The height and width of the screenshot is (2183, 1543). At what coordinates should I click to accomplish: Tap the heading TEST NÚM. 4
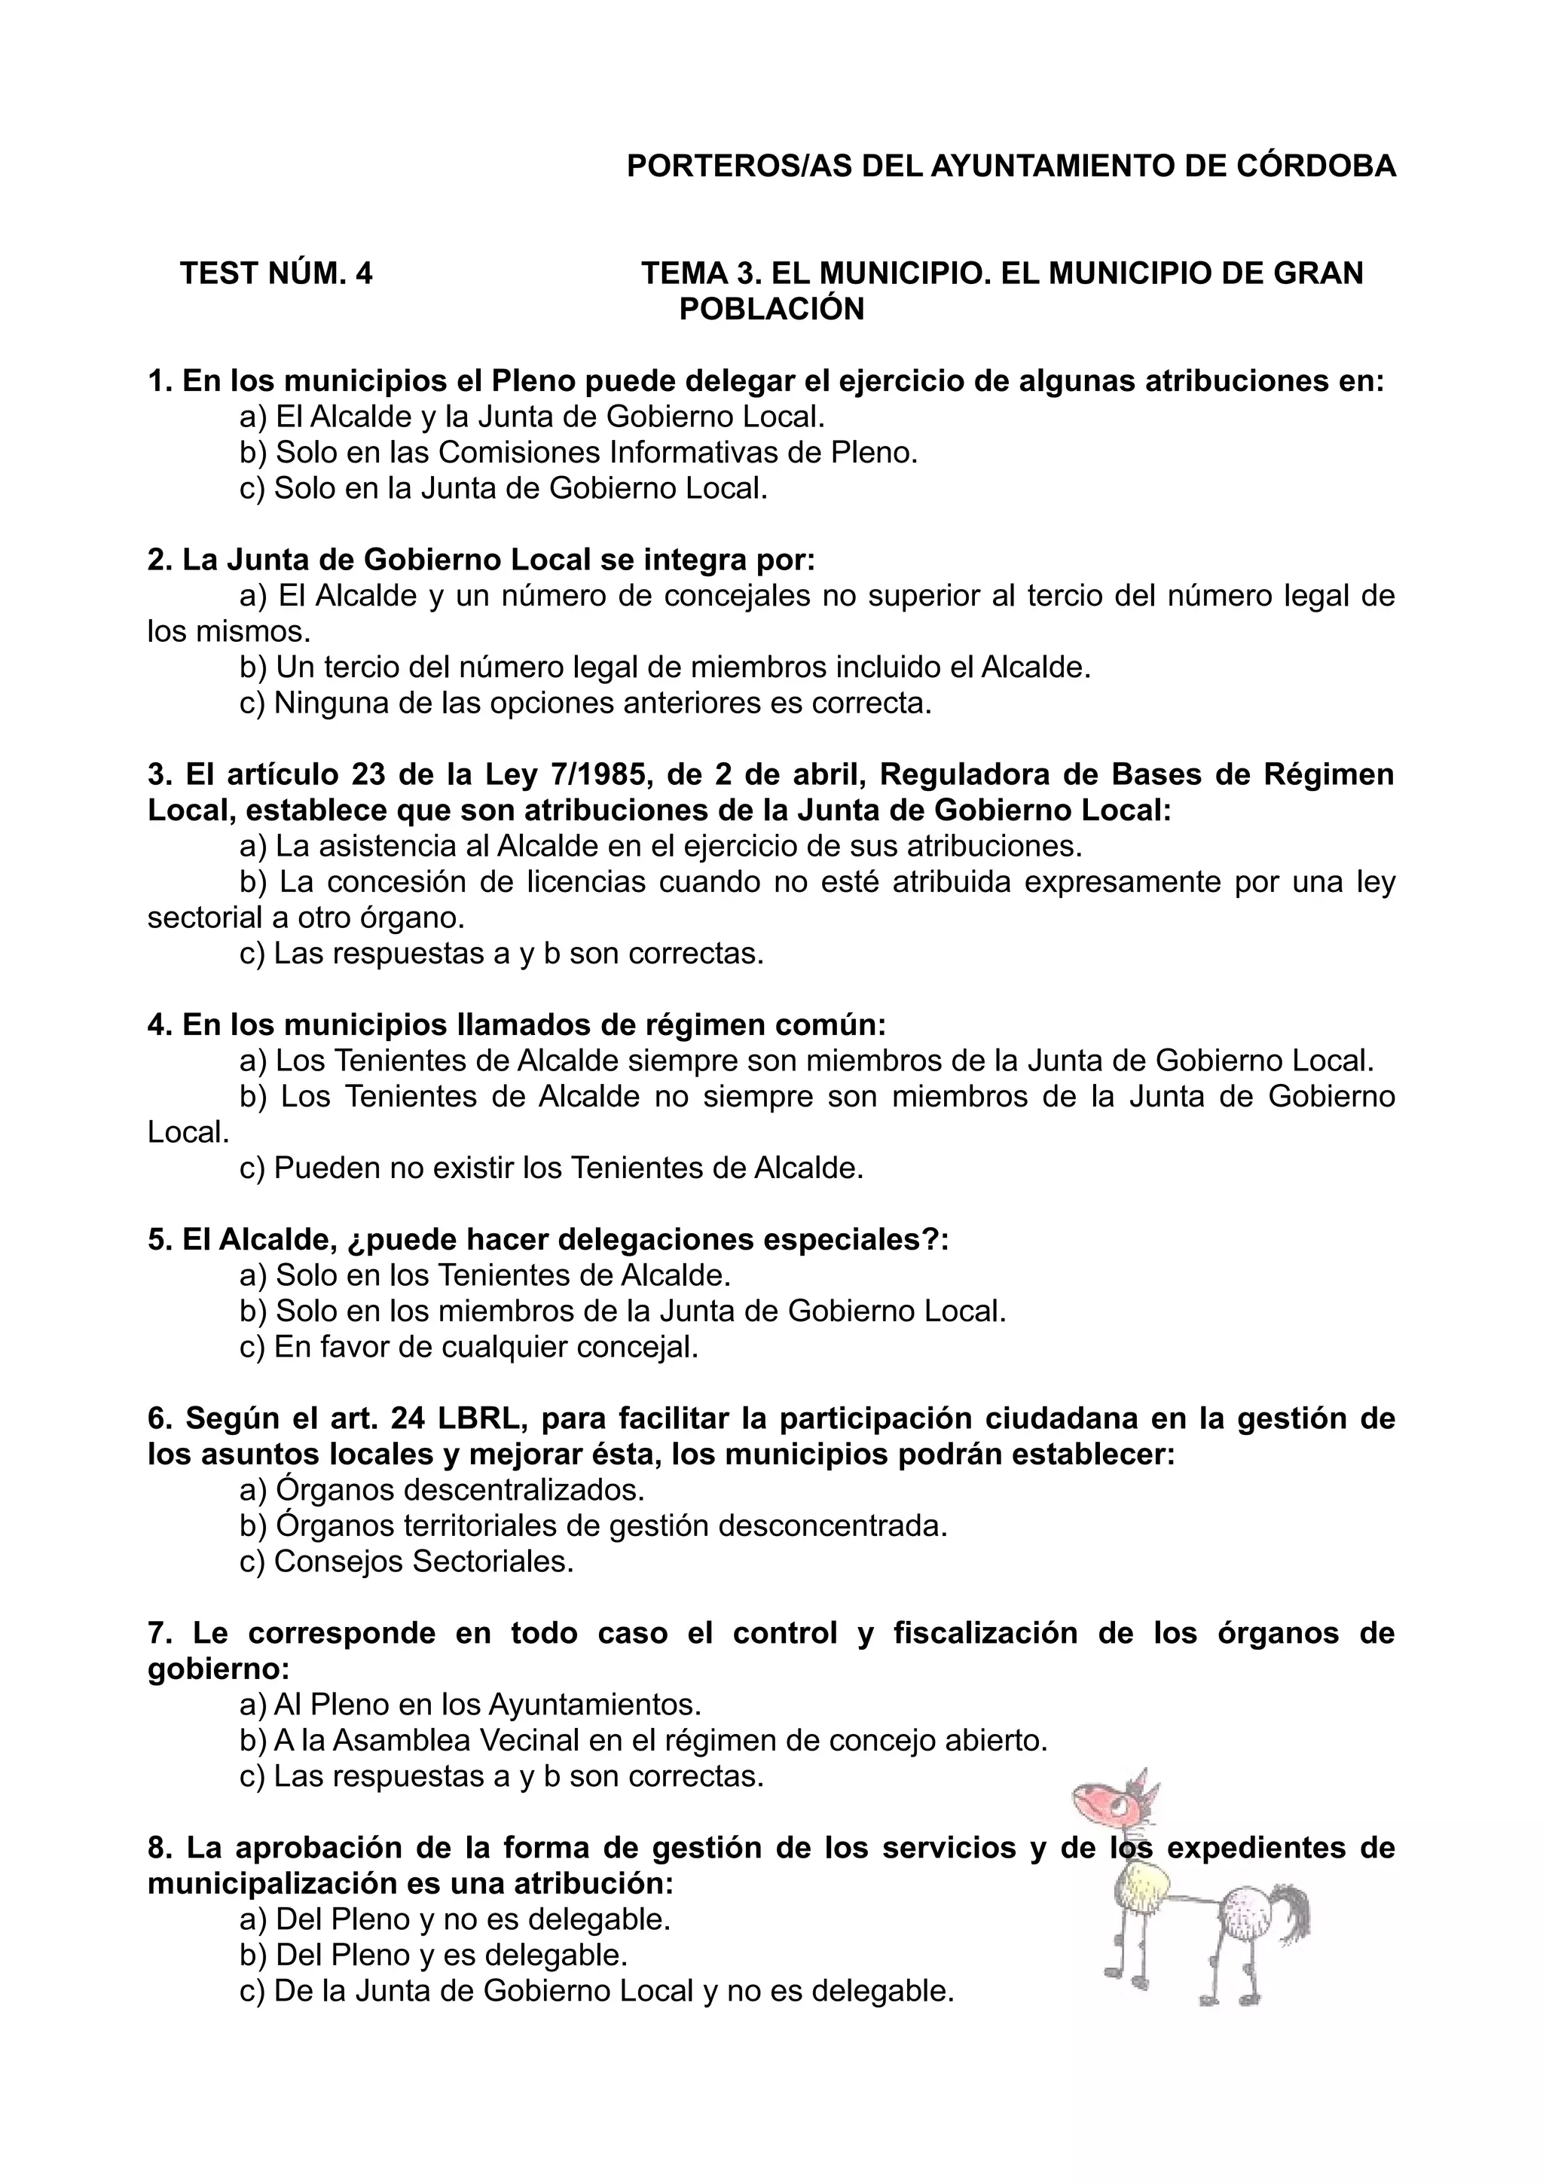point(277,274)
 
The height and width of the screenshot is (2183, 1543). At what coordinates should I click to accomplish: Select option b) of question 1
point(578,453)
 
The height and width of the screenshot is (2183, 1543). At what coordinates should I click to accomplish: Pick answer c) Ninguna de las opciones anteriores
point(585,704)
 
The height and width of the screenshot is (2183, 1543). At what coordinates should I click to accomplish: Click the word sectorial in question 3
point(203,918)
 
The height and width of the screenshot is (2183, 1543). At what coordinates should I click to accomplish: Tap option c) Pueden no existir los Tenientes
point(552,1168)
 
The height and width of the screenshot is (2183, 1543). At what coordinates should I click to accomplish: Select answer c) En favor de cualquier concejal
point(469,1348)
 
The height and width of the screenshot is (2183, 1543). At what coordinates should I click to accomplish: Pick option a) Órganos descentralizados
point(442,1490)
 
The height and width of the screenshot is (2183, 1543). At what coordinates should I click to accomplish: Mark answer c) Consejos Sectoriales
point(407,1562)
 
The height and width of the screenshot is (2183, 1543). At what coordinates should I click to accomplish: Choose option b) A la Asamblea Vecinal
point(643,1741)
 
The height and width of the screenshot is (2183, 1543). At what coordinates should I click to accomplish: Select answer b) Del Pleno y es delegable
point(433,1956)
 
